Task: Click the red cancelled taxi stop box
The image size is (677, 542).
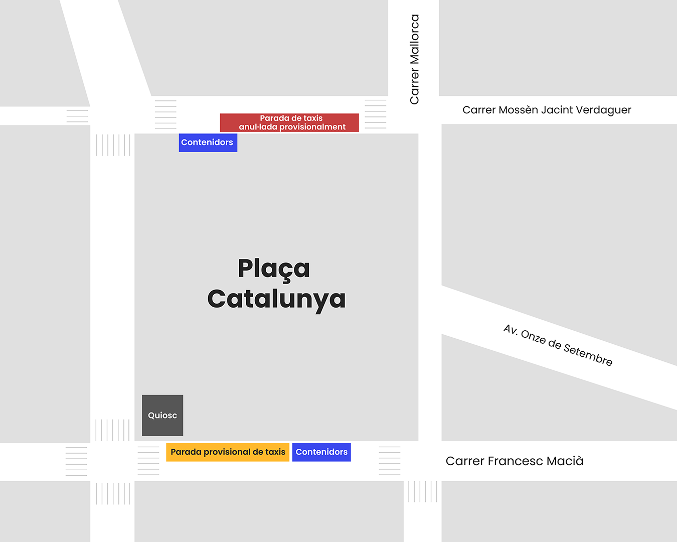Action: point(289,122)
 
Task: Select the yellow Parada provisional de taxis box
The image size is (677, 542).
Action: point(228,452)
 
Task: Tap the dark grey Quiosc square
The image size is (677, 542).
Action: point(162,416)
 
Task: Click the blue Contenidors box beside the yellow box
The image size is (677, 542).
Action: point(321,452)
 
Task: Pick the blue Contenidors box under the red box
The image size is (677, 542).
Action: point(208,143)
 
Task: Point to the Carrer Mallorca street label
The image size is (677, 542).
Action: point(414,59)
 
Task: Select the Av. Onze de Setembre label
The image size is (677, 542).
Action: point(558,345)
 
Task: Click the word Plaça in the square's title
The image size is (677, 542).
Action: point(274,269)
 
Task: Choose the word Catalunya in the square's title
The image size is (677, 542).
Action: point(276,299)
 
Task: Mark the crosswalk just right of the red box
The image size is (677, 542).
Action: point(376,114)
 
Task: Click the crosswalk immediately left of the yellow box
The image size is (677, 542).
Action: point(148,460)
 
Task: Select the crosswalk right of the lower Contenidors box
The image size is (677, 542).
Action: point(390,460)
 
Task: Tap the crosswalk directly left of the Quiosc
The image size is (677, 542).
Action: point(112,430)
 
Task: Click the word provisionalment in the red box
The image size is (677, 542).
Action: point(312,127)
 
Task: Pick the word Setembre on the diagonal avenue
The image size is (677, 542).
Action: point(588,355)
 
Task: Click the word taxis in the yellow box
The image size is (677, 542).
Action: point(275,452)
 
